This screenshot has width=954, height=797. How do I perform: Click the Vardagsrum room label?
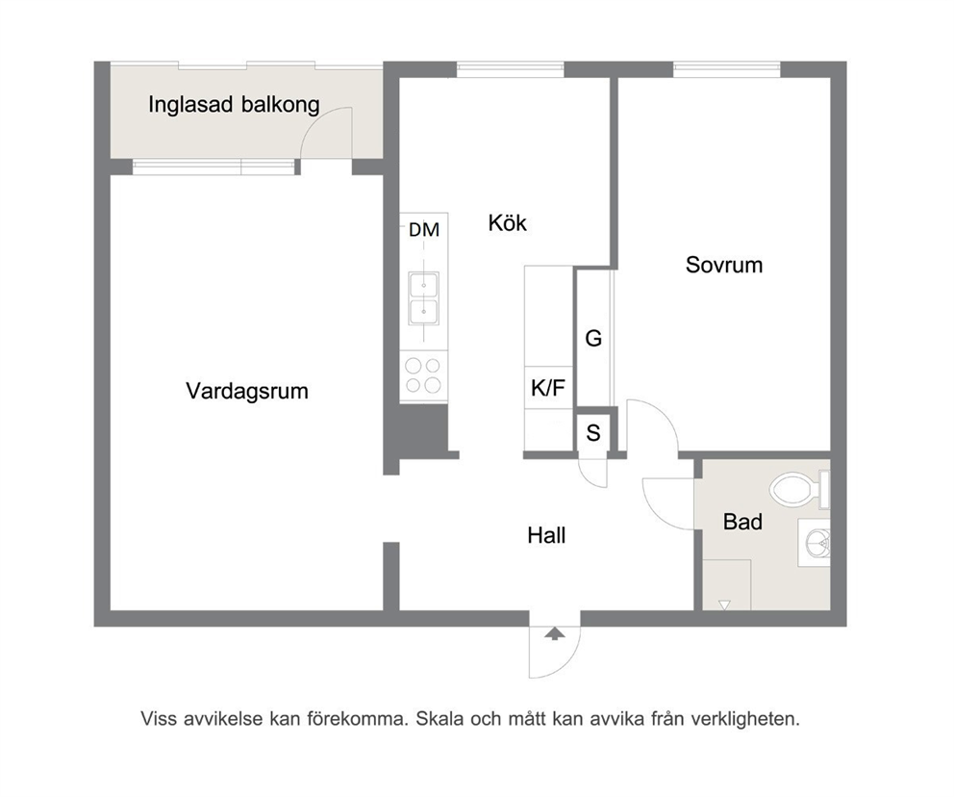pos(247,391)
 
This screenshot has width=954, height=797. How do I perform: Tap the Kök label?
pos(508,223)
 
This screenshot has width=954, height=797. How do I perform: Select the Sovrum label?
pos(724,265)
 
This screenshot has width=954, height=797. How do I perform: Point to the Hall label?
pos(546,535)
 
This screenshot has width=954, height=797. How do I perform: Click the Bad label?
pos(742,522)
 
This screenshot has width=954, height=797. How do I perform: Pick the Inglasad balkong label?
pos(235,105)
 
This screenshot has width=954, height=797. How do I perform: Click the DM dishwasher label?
pos(424,230)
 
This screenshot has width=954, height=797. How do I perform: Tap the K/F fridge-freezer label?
pos(548,387)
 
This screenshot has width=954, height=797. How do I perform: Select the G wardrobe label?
pos(593,339)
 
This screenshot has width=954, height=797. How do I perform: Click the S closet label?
pos(593,433)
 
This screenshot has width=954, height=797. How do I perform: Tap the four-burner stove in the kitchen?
pos(423,375)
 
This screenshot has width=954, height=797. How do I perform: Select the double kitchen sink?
pos(423,298)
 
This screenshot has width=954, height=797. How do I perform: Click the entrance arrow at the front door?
pos(554,633)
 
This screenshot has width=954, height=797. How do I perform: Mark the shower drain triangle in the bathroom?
pos(724,604)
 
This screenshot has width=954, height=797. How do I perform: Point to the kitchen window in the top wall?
pos(511,69)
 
